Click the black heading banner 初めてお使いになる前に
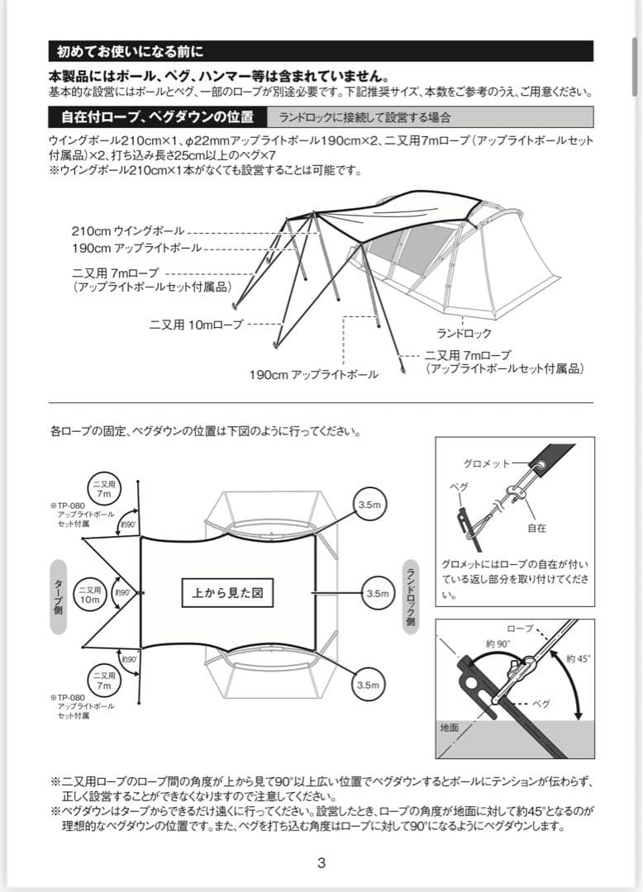[x=320, y=51]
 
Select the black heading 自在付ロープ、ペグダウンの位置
[x=158, y=116]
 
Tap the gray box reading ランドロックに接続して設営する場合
[x=364, y=117]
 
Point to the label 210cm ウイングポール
[x=128, y=231]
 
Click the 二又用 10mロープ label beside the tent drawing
[x=196, y=325]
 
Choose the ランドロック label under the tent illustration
[x=464, y=333]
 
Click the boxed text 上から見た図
[x=227, y=592]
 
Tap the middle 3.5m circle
[x=377, y=593]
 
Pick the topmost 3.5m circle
[x=368, y=504]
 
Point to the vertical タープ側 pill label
[x=58, y=596]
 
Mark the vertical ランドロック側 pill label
[x=410, y=596]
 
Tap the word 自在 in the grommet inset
[x=536, y=527]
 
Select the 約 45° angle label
[x=579, y=658]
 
